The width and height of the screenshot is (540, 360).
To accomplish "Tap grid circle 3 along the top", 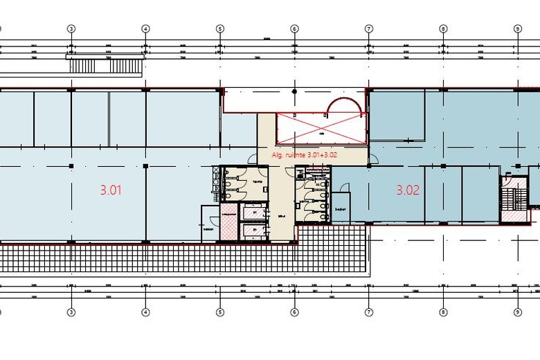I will (x=71, y=29).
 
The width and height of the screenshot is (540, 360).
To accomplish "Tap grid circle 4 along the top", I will (x=145, y=29).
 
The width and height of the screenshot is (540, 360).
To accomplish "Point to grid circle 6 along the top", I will (x=294, y=29).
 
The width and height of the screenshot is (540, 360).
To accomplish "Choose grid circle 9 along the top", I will (x=517, y=29).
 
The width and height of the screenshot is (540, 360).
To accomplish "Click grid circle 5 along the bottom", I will (x=220, y=312).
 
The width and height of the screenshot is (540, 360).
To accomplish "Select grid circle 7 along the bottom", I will (x=369, y=312).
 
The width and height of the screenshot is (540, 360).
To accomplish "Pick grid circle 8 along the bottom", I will (x=443, y=312).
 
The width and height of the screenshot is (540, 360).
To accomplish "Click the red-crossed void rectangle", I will (x=320, y=129).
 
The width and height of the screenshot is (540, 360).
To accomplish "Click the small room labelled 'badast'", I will (x=341, y=207).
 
